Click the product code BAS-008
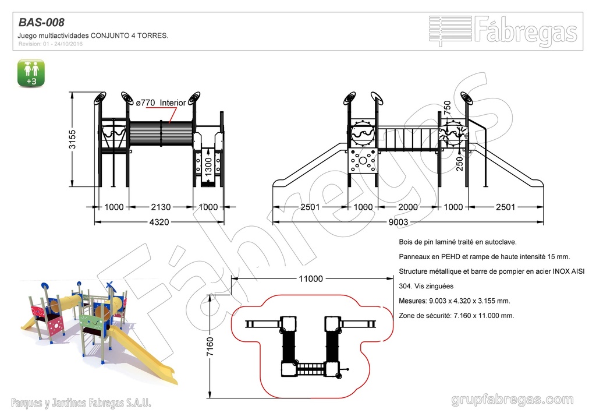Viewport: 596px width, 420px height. [41, 23]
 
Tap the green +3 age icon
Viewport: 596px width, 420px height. [31, 73]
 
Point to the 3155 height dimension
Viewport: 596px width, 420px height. [72, 139]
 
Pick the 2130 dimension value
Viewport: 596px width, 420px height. [161, 207]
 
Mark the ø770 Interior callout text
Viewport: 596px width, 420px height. [161, 103]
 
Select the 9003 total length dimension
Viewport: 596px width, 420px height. [398, 222]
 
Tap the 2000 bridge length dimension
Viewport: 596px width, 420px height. [408, 207]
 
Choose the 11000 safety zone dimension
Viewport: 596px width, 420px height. [310, 278]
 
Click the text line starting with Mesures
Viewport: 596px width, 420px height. [454, 301]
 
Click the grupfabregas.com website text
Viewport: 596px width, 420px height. [512, 400]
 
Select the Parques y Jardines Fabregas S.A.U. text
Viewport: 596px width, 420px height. [81, 403]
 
